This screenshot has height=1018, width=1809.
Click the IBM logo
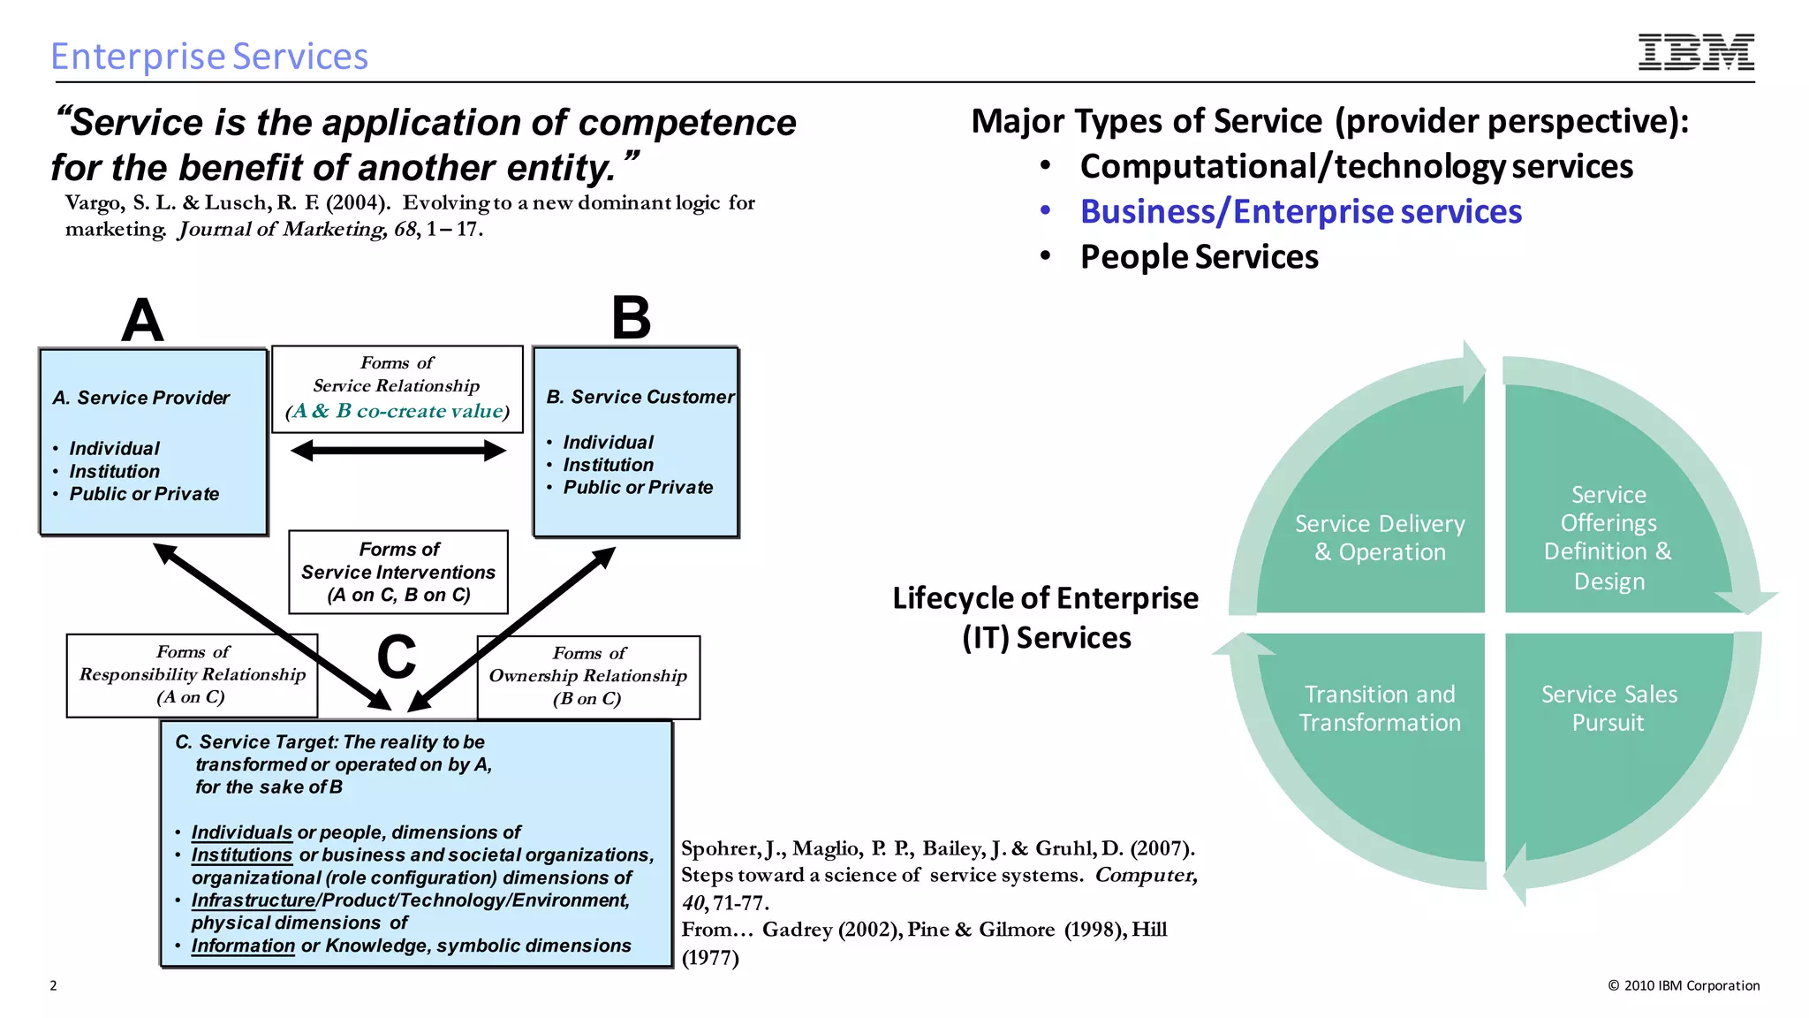pyautogui.click(x=1696, y=52)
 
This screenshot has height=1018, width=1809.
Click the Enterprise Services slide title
pyautogui.click(x=209, y=57)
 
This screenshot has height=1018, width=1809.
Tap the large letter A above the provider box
pyautogui.click(x=142, y=320)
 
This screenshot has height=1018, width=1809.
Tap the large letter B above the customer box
pyautogui.click(x=631, y=318)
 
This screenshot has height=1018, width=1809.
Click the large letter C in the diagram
pyautogui.click(x=397, y=657)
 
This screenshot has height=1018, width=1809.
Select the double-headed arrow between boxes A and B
pyautogui.click(x=398, y=452)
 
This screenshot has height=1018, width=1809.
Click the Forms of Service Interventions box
pyautogui.click(x=398, y=572)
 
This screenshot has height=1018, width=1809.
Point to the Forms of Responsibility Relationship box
pyautogui.click(x=192, y=675)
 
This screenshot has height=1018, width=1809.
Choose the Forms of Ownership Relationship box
pyautogui.click(x=588, y=677)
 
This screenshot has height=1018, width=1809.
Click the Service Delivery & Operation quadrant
pyautogui.click(x=1379, y=537)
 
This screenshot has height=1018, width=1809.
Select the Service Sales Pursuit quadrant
pyautogui.click(x=1608, y=709)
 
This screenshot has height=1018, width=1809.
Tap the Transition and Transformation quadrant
pyautogui.click(x=1379, y=709)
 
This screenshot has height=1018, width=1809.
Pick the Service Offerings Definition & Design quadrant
pyautogui.click(x=1608, y=537)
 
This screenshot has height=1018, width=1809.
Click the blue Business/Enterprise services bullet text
pyautogui.click(x=1300, y=212)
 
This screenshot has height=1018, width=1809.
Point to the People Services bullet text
pyautogui.click(x=1199, y=257)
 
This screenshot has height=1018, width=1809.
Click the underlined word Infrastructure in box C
pyautogui.click(x=253, y=900)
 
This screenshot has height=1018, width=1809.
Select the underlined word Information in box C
pyautogui.click(x=243, y=946)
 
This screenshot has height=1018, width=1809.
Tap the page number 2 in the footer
pyautogui.click(x=53, y=985)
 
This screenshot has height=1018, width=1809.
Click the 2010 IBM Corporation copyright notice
pyautogui.click(x=1684, y=985)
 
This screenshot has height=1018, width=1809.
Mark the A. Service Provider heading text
pyautogui.click(x=141, y=398)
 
